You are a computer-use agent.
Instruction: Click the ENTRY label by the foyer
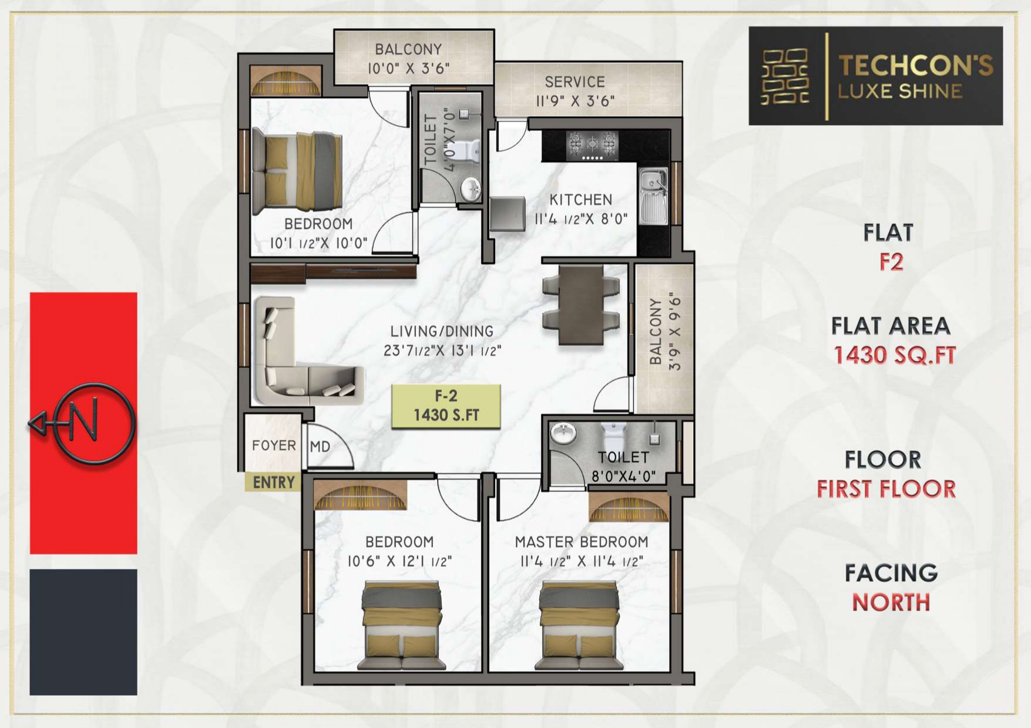tap(273, 483)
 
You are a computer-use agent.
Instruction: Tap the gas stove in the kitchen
tap(592, 146)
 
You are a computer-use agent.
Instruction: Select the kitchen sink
tap(653, 196)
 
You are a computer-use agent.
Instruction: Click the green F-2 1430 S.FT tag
tap(446, 406)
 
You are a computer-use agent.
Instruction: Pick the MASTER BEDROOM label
tap(582, 541)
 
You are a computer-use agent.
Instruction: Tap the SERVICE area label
tap(575, 82)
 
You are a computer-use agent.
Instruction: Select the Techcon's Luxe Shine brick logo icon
tap(784, 76)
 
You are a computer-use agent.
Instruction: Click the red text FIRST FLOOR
tap(886, 489)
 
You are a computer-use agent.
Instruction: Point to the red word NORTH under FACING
tap(891, 602)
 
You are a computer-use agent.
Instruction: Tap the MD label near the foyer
tap(320, 447)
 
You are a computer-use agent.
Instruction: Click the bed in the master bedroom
tap(579, 625)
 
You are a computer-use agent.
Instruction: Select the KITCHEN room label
tap(581, 200)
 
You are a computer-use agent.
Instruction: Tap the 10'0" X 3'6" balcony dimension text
tap(408, 68)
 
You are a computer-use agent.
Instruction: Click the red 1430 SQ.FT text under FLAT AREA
tap(895, 355)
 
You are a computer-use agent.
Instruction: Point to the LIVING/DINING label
tap(442, 331)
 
